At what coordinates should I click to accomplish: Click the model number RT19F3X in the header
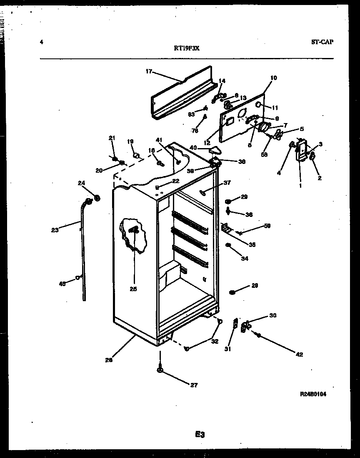click(187, 48)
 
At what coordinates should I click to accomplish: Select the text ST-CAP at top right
click(322, 42)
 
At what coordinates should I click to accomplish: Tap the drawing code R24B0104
click(312, 394)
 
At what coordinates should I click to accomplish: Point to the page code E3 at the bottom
click(200, 435)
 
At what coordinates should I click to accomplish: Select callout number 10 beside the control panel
click(273, 78)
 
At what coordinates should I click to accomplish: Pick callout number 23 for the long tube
click(55, 229)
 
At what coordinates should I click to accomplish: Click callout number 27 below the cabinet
click(194, 385)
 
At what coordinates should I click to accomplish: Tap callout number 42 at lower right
click(299, 355)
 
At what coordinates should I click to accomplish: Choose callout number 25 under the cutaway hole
click(133, 289)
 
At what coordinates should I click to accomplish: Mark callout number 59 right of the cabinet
click(267, 226)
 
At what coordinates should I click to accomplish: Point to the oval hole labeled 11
click(258, 104)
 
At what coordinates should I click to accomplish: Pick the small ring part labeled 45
click(78, 277)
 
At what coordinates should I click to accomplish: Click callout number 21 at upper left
click(112, 138)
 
